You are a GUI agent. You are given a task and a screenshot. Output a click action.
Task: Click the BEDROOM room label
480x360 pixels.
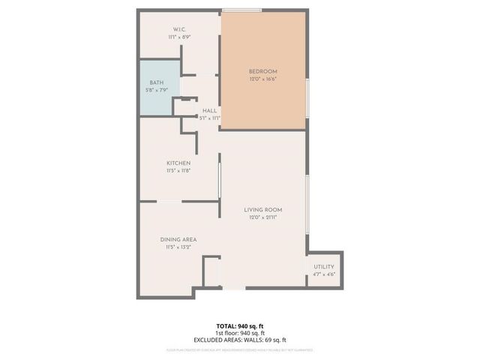pos(262,73)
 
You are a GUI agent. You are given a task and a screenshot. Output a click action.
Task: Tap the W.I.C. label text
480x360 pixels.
pos(178,29)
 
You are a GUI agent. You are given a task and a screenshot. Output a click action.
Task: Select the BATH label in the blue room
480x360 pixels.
pos(157,82)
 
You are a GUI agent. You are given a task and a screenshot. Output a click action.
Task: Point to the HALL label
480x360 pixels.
pos(210,110)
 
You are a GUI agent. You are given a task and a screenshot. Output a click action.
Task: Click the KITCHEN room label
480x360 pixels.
pos(178,163)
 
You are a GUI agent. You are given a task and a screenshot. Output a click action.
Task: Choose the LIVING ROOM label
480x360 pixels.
pos(262,209)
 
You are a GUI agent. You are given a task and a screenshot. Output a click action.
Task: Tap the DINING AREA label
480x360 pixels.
pos(178,239)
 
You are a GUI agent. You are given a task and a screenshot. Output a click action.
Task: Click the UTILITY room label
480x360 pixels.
pos(324,266)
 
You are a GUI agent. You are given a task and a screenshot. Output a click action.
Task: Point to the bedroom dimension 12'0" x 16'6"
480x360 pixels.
pos(262,79)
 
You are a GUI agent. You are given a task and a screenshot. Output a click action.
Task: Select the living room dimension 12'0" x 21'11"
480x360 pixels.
pos(262,217)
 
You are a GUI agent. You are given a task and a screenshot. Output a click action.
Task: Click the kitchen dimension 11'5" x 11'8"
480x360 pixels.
pos(178,170)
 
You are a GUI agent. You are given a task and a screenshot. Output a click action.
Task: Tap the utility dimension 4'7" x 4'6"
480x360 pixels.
pos(324,274)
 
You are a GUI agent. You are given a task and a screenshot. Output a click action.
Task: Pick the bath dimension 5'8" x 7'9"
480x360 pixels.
pos(157,90)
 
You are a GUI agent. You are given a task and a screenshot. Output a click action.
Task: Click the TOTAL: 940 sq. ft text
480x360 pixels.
pos(240,325)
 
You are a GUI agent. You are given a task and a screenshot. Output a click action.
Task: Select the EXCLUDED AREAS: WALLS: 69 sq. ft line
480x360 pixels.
pos(240,340)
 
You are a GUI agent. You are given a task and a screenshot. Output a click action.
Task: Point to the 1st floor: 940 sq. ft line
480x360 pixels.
pos(240,333)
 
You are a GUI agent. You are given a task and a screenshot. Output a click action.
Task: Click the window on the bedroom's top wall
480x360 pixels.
pos(241,10)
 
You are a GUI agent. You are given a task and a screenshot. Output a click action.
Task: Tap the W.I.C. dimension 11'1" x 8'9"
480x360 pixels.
pos(178,37)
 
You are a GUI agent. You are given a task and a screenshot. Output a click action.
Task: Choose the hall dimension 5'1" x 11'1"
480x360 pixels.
pos(210,118)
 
